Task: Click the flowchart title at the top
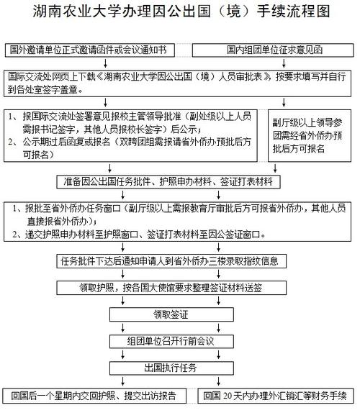(x=181, y=12)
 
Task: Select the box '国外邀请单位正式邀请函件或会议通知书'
(x=90, y=50)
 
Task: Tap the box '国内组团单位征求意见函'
(x=273, y=50)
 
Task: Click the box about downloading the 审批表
(x=177, y=83)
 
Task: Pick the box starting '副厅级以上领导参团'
(x=310, y=135)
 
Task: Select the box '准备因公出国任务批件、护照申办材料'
(x=168, y=182)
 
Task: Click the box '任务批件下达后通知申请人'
(x=171, y=261)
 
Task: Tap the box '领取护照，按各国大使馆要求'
(x=171, y=288)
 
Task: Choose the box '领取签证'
(x=171, y=314)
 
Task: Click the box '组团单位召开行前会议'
(x=171, y=341)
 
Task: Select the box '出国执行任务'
(x=171, y=368)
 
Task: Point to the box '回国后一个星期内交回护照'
(x=94, y=396)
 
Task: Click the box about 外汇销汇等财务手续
(x=276, y=396)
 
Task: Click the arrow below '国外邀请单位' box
(x=106, y=63)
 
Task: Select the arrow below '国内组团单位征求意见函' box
(x=284, y=63)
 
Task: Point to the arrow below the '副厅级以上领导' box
(x=275, y=168)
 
